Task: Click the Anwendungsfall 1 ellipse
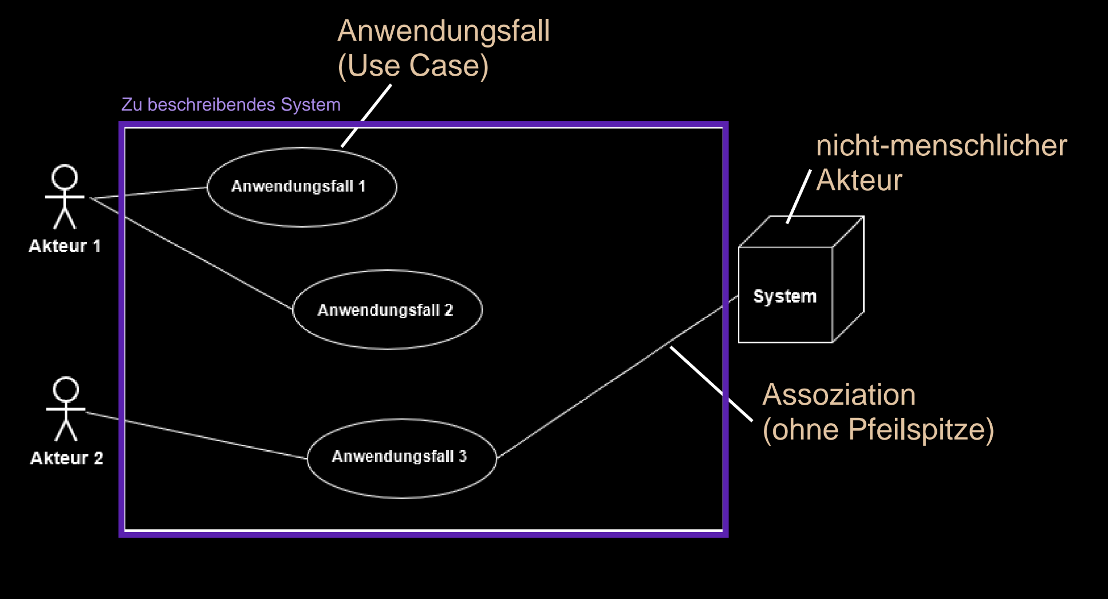pyautogui.click(x=301, y=187)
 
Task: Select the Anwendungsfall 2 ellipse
pyautogui.click(x=387, y=310)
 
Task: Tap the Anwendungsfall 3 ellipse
pyautogui.click(x=401, y=458)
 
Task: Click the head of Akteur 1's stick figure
pyautogui.click(x=65, y=177)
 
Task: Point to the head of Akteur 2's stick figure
pyautogui.click(x=66, y=389)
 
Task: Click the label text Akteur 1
pyautogui.click(x=65, y=246)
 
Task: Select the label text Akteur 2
pyautogui.click(x=66, y=459)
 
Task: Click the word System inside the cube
pyautogui.click(x=784, y=296)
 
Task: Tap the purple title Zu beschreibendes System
pyautogui.click(x=231, y=105)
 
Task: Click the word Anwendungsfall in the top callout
pyautogui.click(x=443, y=31)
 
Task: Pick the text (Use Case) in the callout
pyautogui.click(x=413, y=66)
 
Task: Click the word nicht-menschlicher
pyautogui.click(x=941, y=146)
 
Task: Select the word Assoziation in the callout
pyautogui.click(x=839, y=395)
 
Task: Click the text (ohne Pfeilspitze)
pyautogui.click(x=878, y=430)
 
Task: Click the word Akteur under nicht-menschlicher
pyautogui.click(x=859, y=181)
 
